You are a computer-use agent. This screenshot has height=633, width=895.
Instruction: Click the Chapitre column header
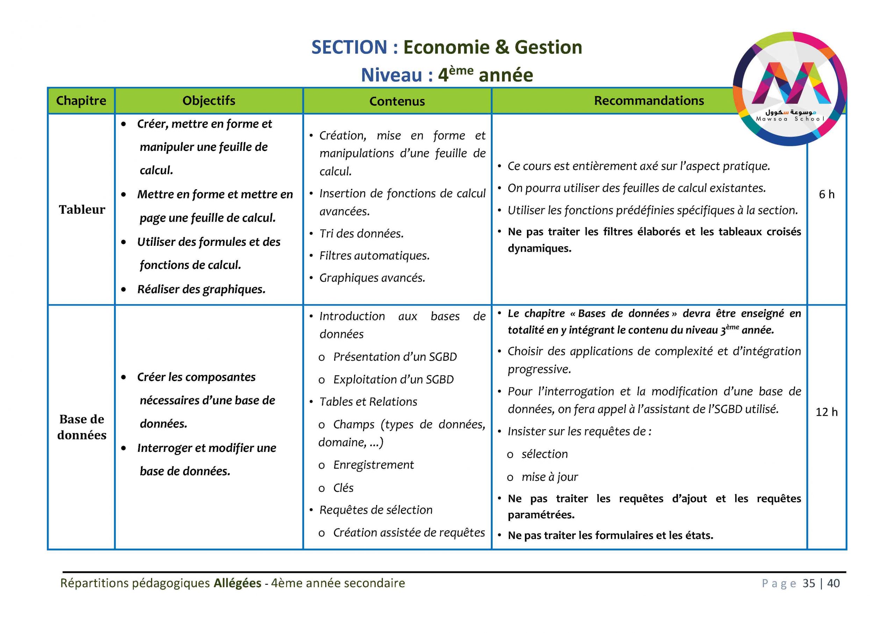[x=81, y=101]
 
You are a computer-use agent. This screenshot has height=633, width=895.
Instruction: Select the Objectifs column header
[x=209, y=101]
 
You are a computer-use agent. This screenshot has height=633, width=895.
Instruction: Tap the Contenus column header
[x=397, y=101]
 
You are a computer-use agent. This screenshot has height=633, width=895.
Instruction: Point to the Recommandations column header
[x=649, y=101]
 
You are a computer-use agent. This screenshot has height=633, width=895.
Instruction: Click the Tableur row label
[x=82, y=209]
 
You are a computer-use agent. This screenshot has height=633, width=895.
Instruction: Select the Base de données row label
[x=82, y=427]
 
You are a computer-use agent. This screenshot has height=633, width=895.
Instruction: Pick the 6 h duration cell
[x=826, y=194]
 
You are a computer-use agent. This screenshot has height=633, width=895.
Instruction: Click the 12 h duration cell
[x=826, y=412]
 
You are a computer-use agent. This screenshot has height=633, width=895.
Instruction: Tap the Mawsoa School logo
[x=790, y=89]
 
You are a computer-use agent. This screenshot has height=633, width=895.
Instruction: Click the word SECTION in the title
[x=349, y=47]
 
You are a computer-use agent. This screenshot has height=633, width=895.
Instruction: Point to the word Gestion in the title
[x=548, y=47]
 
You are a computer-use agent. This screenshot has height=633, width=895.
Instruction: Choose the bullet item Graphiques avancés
[x=372, y=278]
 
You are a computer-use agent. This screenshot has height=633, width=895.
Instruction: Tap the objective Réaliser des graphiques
[x=201, y=289]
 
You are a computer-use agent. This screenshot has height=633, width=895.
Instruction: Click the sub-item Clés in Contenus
[x=343, y=488]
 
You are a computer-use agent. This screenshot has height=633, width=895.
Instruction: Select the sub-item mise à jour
[x=550, y=477]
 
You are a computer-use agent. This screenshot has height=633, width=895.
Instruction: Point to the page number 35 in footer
[x=809, y=583]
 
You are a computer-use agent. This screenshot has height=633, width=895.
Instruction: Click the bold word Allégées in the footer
[x=237, y=583]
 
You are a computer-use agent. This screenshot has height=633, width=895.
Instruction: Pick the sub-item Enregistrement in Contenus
[x=373, y=465]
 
